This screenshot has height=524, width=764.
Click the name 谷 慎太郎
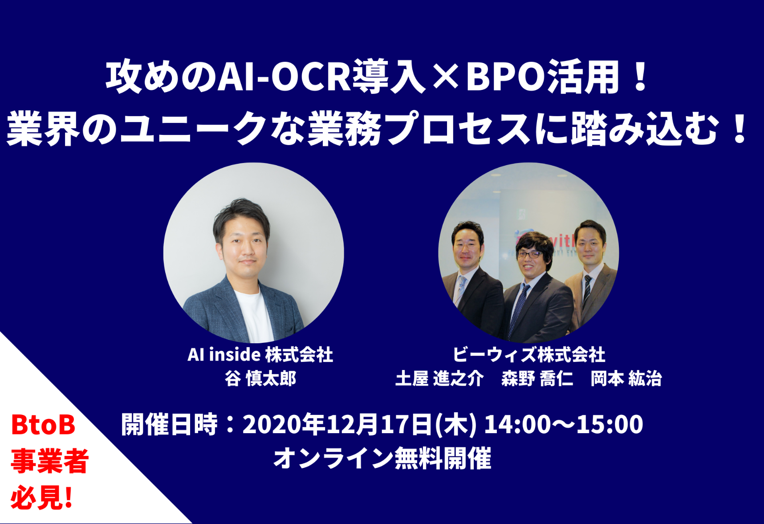coord(260,378)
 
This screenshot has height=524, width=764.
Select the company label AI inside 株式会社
coord(260,355)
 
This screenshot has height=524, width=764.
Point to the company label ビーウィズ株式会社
coord(529,355)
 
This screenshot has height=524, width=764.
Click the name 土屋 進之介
coord(439,378)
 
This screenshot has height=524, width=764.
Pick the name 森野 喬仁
coord(537,378)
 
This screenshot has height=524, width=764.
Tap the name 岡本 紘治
coord(626,378)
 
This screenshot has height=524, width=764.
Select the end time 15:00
coord(610,424)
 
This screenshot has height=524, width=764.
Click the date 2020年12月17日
coord(337,424)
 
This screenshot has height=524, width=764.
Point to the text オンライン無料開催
coord(382,458)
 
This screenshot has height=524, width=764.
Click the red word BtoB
coord(43,425)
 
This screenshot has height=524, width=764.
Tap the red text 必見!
coord(41,498)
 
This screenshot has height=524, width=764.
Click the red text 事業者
coord(50,461)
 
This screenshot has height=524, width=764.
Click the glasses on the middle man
coord(530,255)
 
